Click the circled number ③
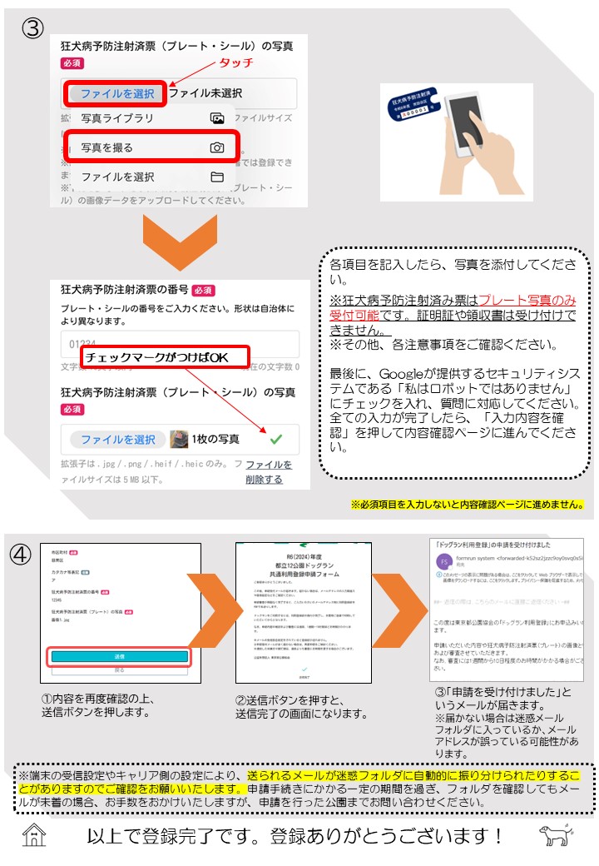[x=32, y=27]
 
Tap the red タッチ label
[x=235, y=63]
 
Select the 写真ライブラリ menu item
[x=117, y=118]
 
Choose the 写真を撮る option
[x=107, y=147]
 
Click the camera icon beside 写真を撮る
[x=217, y=147]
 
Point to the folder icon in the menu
[x=217, y=177]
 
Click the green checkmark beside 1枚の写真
[x=276, y=439]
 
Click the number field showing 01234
[x=179, y=344]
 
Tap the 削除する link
[x=265, y=479]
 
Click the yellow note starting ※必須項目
[x=467, y=505]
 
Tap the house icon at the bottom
[x=34, y=835]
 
